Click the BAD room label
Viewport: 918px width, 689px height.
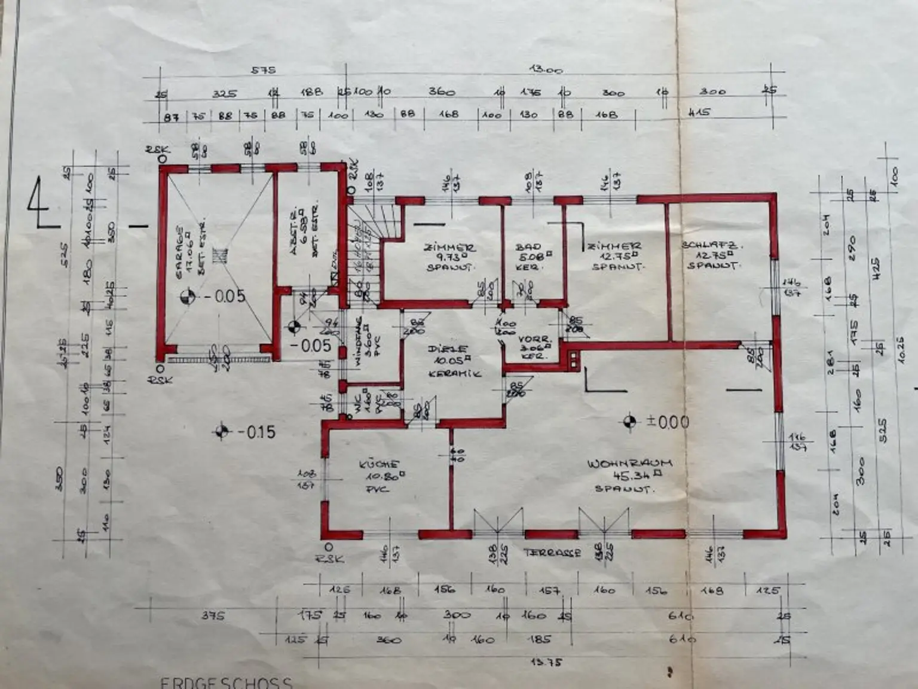[528, 246]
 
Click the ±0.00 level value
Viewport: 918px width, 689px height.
[668, 422]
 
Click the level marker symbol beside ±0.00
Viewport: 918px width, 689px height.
[628, 422]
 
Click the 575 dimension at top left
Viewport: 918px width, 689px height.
[263, 70]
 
